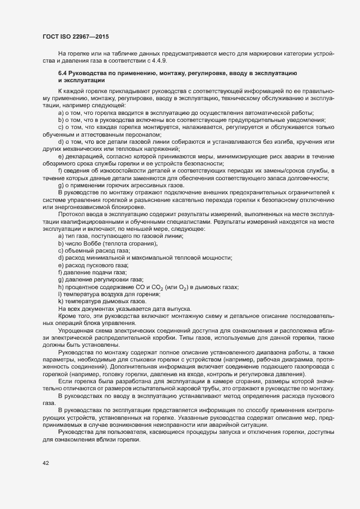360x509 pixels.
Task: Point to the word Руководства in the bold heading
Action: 90,73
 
